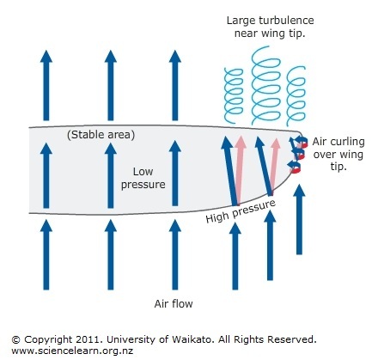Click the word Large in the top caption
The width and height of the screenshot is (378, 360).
[x=241, y=21]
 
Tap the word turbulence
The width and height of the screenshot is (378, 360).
[x=286, y=21]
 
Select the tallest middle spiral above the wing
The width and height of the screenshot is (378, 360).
[x=265, y=86]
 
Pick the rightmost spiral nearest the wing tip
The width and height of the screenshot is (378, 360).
[x=296, y=96]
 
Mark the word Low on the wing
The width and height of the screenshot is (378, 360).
[x=143, y=172]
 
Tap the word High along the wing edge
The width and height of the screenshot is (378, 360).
[x=218, y=217]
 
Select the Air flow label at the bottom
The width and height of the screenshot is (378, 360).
[x=174, y=303]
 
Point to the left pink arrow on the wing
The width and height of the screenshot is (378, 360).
[x=240, y=170]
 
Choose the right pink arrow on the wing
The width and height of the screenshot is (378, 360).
[x=274, y=166]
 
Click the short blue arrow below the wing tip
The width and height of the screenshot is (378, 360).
[x=299, y=219]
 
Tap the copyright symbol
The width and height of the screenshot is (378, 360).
[x=16, y=340]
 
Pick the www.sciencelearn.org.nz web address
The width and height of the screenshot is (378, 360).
[x=72, y=351]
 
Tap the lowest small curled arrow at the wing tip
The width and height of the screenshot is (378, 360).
[x=295, y=167]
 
